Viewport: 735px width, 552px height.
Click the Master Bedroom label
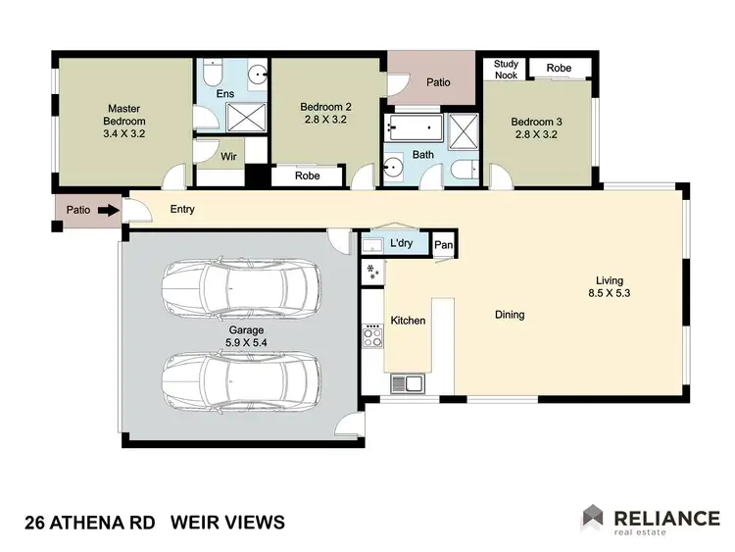point(125,115)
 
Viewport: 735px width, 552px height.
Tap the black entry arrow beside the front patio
point(108,209)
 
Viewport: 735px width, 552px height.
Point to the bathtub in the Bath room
point(412,128)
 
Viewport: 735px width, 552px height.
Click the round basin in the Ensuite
point(256,73)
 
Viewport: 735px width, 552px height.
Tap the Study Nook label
point(506,69)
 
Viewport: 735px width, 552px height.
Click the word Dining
point(510,315)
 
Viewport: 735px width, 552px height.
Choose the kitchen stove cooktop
point(373,336)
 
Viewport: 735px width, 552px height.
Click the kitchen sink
point(404,383)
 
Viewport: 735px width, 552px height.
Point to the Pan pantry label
point(443,244)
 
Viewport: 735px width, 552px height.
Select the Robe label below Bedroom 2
point(307,177)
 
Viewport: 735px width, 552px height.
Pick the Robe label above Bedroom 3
point(559,69)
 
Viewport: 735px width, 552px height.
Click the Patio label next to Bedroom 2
point(438,82)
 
